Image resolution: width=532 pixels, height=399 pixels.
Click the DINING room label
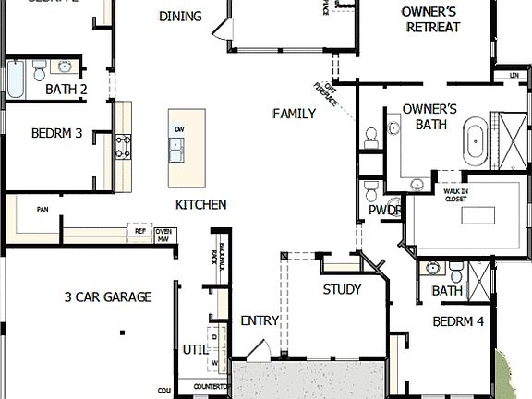pos(180,16)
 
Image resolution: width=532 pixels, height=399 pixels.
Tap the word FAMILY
pos(294,114)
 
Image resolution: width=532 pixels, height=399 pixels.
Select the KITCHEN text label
pos(200,204)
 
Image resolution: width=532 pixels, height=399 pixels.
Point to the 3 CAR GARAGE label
pos(108,296)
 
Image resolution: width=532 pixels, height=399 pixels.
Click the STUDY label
pos(342,289)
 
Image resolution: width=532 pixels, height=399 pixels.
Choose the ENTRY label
pos(260,320)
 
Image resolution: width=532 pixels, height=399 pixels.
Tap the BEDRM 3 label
pos(57,133)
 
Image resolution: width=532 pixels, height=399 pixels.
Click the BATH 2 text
pos(66,90)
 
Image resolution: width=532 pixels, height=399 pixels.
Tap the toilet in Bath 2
pos(39,70)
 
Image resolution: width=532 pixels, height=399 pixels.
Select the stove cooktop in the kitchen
pos(122,146)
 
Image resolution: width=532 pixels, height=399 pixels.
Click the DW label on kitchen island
pos(179,129)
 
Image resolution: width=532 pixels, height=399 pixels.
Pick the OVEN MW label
pos(164,236)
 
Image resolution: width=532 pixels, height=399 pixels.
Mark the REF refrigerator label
pos(140,233)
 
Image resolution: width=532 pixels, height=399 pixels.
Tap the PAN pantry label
pos(42,210)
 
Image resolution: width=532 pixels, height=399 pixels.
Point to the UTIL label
pos(194,350)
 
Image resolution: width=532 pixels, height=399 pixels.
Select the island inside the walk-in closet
pos(478,216)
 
